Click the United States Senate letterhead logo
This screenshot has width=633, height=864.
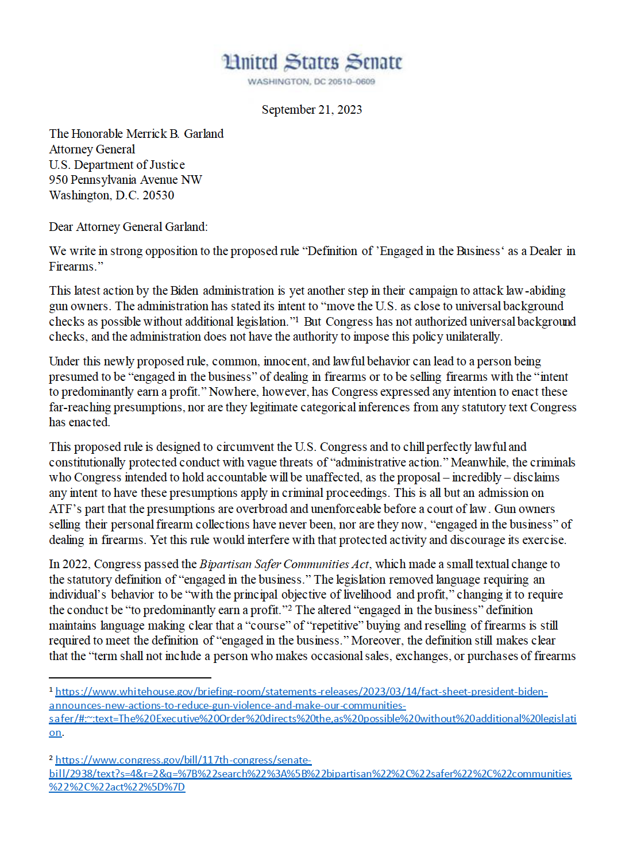312,62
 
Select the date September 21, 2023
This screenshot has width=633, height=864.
312,110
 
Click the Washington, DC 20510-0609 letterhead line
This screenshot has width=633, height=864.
311,82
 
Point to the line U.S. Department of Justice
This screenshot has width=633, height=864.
117,165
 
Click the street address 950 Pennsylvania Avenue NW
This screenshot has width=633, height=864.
125,180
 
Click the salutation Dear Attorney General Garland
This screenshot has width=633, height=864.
128,227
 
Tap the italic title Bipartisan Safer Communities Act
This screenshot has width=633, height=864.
284,564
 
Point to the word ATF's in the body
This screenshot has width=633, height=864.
65,509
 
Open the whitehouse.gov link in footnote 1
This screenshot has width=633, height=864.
301,692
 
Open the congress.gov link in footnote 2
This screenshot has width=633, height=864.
183,761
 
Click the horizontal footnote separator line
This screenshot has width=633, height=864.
130,678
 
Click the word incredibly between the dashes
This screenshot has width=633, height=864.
476,477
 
